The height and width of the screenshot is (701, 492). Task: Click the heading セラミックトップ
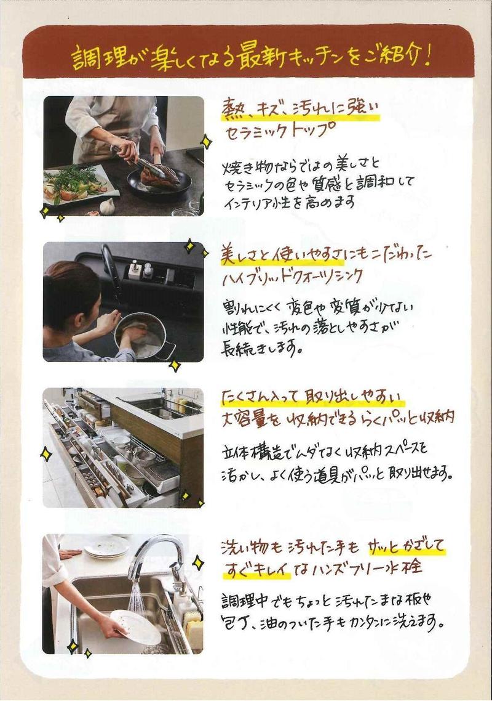280,131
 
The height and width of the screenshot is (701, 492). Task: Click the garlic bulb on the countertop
107,206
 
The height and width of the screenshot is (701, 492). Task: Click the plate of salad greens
77,184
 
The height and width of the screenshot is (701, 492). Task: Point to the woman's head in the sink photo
71,295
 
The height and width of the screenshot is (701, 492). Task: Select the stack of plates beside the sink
106,547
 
